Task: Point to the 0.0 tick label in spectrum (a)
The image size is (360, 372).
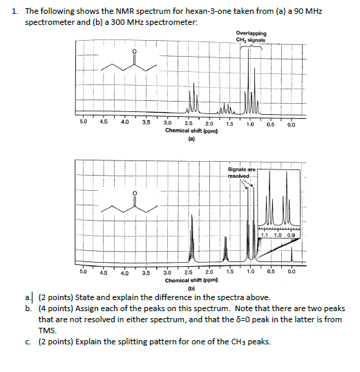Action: point(292,124)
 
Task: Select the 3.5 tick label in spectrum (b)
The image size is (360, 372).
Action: point(146,272)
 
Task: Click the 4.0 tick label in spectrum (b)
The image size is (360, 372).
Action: point(125,272)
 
